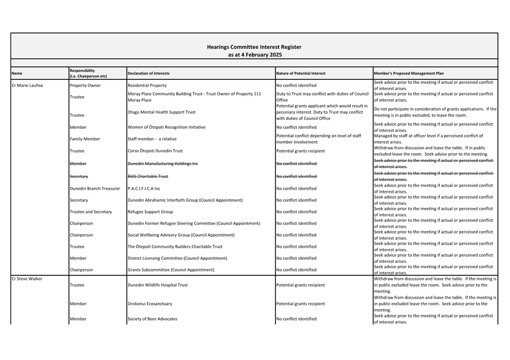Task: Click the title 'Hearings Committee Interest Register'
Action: [254, 47]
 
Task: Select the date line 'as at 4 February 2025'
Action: [254, 55]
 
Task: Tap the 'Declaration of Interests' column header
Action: [148, 73]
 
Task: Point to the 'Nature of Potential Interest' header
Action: [300, 73]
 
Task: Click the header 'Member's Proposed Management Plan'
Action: [408, 73]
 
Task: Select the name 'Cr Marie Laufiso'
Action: [27, 85]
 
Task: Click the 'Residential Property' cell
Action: [147, 85]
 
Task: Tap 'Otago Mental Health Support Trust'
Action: [162, 112]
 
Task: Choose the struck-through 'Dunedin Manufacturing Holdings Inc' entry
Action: [163, 164]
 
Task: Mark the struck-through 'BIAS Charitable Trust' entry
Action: [148, 176]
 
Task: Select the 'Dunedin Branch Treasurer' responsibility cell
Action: [95, 188]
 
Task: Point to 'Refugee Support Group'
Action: [150, 212]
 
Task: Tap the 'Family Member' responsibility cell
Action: [84, 139]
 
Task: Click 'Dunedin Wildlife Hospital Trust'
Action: [158, 285]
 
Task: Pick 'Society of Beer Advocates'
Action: [152, 319]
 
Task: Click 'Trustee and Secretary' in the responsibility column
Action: [91, 212]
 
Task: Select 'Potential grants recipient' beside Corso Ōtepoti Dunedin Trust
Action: [300, 151]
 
